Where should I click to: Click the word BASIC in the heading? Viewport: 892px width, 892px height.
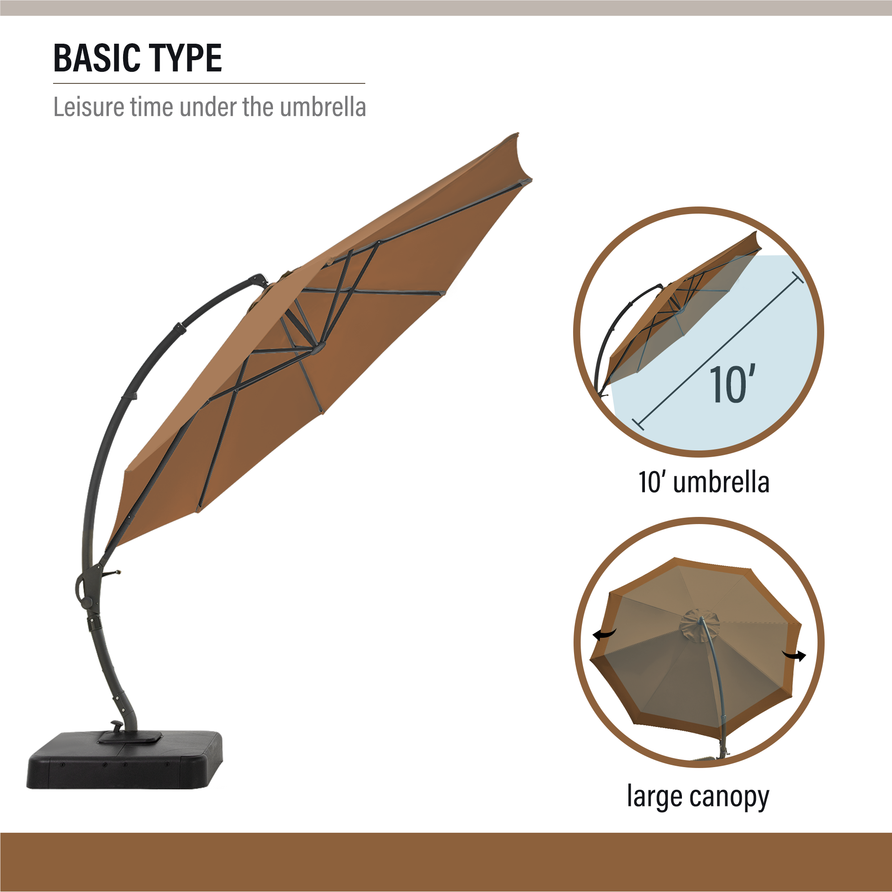(96, 58)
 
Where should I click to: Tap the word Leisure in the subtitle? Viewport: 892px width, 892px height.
(89, 107)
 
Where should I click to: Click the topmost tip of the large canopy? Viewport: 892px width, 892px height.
(516, 134)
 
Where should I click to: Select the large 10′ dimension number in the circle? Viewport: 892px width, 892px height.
(732, 384)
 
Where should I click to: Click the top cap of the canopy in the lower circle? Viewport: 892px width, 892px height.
(699, 625)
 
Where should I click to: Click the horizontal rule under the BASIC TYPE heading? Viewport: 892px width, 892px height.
(209, 83)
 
